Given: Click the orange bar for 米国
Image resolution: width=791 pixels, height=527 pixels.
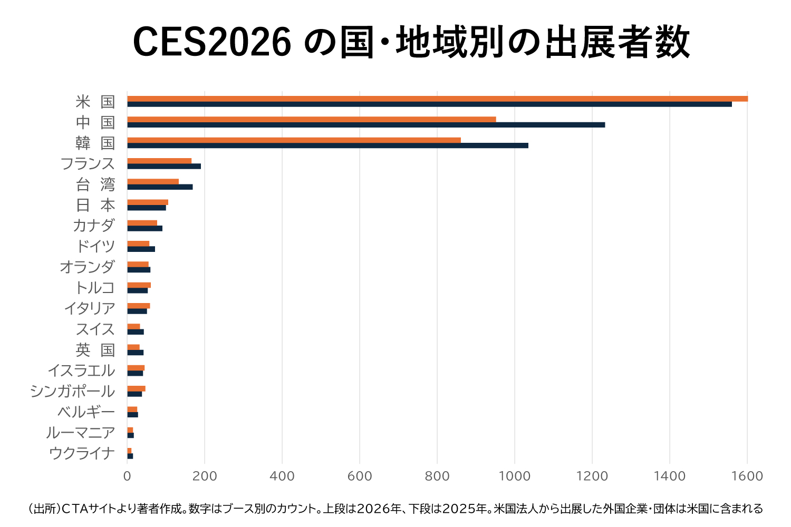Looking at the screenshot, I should pos(437,99).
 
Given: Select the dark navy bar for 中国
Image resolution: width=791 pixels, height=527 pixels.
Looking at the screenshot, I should pos(366,125).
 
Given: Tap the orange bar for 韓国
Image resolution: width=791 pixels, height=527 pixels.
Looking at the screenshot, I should pos(294,140).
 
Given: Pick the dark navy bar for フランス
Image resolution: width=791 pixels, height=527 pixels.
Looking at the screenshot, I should pos(164,167).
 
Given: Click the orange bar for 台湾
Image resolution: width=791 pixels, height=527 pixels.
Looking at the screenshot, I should pos(153,181).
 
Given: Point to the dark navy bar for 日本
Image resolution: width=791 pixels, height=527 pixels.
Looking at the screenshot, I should pos(147,208).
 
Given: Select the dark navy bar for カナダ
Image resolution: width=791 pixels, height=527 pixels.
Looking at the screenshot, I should pos(145,228).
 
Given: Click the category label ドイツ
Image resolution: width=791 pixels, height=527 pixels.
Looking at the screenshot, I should pos(95,246).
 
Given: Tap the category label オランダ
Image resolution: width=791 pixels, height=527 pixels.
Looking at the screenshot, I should pos(87,267).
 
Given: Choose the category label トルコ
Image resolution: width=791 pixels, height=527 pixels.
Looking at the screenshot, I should pos(95,288).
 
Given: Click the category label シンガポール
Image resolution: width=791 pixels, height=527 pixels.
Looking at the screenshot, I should pos(73,391).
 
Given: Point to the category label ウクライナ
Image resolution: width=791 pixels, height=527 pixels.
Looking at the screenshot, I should pos(82,453).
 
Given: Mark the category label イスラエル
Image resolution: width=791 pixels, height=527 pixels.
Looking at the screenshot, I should pos(81,370).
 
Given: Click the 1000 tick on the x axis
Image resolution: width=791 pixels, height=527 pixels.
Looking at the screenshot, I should pos(514,476).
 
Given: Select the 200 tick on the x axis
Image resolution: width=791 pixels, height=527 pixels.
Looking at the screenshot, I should pos(205,476).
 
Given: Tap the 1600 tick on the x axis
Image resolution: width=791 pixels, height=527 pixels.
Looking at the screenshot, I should pos(747,476).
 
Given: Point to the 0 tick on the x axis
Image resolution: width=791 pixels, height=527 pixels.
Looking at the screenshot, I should pos(127,476).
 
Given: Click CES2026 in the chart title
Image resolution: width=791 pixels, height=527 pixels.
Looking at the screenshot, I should pos(211,42).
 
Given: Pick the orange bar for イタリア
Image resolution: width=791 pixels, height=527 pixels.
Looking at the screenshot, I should pos(139,306).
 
